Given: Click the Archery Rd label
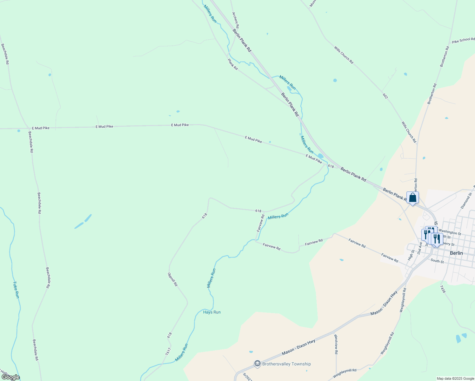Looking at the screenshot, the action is [235, 20].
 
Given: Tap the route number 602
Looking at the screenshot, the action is [385, 96].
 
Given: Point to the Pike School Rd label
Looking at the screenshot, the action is [464, 40].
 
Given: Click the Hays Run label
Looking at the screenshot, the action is [212, 312].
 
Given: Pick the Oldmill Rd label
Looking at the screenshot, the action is [172, 279].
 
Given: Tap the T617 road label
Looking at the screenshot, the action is [168, 351].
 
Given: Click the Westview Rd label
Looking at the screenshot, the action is [336, 344].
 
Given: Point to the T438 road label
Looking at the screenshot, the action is [443, 289].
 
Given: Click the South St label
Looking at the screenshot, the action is [437, 261].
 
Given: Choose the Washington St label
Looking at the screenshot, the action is [450, 232].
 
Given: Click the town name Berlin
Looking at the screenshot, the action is [456, 253].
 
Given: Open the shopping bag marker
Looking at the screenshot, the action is [412, 198].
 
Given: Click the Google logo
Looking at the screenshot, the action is [10, 377].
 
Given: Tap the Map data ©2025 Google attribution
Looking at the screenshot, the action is [455, 378].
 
